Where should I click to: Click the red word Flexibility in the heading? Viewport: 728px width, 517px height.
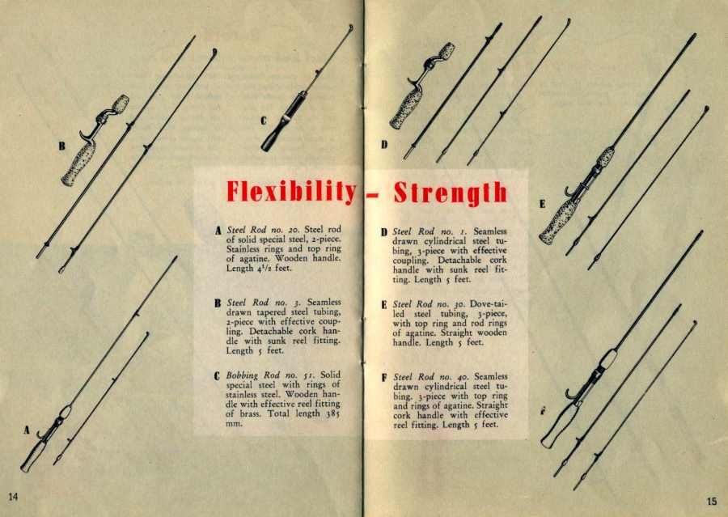291,192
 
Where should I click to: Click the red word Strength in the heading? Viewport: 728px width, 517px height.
451,193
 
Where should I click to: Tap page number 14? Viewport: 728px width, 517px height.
14,497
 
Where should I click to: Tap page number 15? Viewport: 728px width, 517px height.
712,501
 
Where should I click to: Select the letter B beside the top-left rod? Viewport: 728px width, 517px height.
61,146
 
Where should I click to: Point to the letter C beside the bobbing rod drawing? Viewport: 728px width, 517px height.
263,121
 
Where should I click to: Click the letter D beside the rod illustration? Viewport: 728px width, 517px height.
384,145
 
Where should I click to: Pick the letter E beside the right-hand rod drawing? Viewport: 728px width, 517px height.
542,204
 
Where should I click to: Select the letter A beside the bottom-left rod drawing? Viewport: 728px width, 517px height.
27,430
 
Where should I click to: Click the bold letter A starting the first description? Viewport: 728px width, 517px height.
218,231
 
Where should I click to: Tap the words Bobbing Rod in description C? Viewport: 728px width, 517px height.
252,375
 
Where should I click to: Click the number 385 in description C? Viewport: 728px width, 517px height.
333,413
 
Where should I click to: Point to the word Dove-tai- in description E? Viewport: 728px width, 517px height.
489,304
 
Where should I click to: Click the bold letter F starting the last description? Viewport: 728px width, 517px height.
384,377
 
